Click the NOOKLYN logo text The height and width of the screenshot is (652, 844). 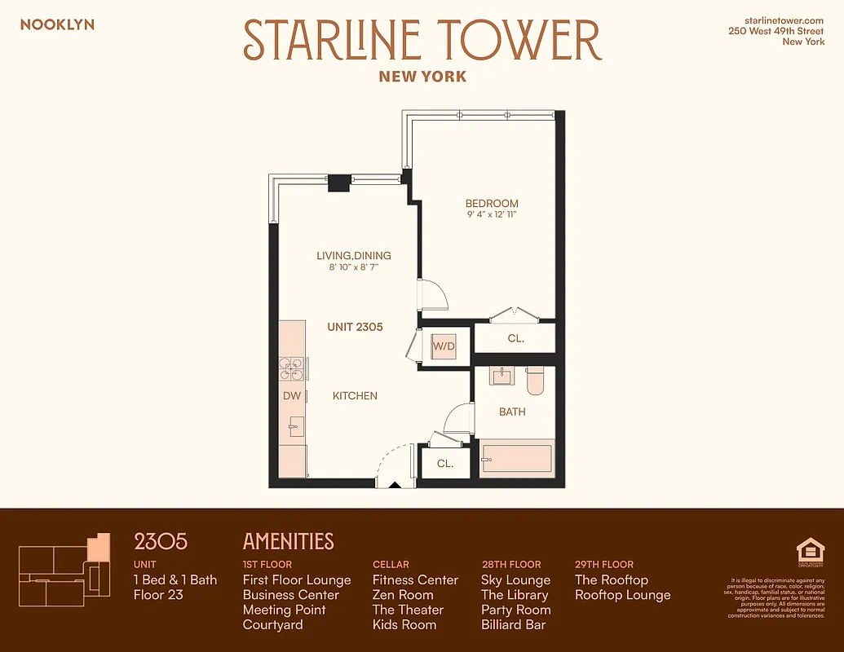click(x=57, y=24)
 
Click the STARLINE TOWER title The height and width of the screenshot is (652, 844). click(x=422, y=40)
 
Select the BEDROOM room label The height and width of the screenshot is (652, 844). click(x=492, y=204)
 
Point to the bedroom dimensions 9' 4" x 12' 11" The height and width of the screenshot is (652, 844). click(x=492, y=215)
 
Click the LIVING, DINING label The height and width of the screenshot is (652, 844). click(x=354, y=256)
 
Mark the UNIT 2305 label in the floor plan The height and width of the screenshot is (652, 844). click(x=355, y=327)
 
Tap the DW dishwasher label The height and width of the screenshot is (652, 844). click(x=292, y=395)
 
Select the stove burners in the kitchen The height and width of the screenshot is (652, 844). click(x=291, y=369)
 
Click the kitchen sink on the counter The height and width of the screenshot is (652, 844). click(x=295, y=425)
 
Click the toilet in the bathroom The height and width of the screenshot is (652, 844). click(x=536, y=381)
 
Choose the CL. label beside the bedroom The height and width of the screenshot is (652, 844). click(x=515, y=337)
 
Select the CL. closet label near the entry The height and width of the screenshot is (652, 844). click(x=445, y=464)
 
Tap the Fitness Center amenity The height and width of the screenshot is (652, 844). click(x=415, y=580)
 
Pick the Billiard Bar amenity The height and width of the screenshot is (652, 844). click(x=513, y=625)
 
